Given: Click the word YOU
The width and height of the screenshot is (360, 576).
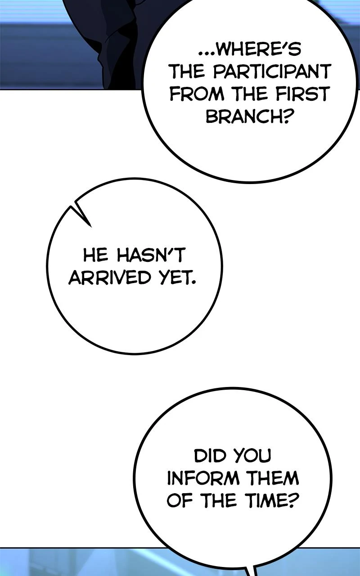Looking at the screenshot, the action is tap(253, 456).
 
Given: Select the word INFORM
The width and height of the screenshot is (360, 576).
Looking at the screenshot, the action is tap(203, 478).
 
